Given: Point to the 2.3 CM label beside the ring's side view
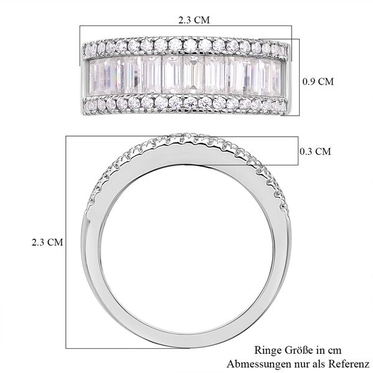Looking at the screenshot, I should [x=47, y=241].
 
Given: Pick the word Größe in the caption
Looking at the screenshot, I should [x=296, y=351].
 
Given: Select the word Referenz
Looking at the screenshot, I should [x=351, y=364].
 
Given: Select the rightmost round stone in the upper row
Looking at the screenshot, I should [x=283, y=48].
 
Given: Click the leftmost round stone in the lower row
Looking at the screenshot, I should [x=88, y=106].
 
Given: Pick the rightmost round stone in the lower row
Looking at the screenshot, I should [x=283, y=107].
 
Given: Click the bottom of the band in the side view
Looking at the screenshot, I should [x=186, y=323].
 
